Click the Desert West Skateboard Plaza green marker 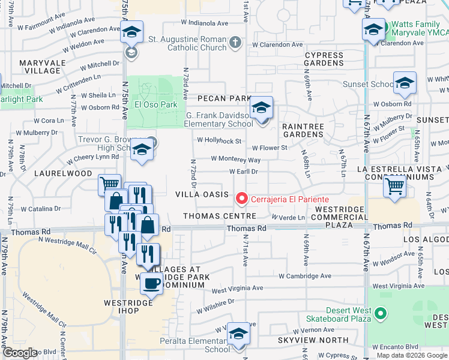pos(379,313)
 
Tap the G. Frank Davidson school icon pos(261,109)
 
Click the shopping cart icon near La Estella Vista pos(394,187)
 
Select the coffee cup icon pos(151,283)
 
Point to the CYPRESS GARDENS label pos(324,59)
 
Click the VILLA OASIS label pos(202,195)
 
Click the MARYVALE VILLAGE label pos(40,67)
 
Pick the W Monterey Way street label pos(235,160)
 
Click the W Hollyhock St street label pos(219,141)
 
